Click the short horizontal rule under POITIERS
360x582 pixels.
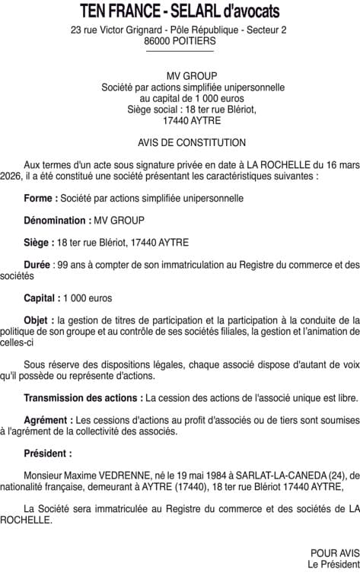coord(180,52)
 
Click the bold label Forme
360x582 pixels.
coord(40,199)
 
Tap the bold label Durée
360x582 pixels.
coord(38,265)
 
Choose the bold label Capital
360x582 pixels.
coord(41,298)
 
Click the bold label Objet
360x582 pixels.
coord(39,320)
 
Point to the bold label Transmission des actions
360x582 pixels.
coord(82,398)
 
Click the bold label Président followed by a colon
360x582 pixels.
coord(47,453)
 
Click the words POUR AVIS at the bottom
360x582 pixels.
coord(335,553)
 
